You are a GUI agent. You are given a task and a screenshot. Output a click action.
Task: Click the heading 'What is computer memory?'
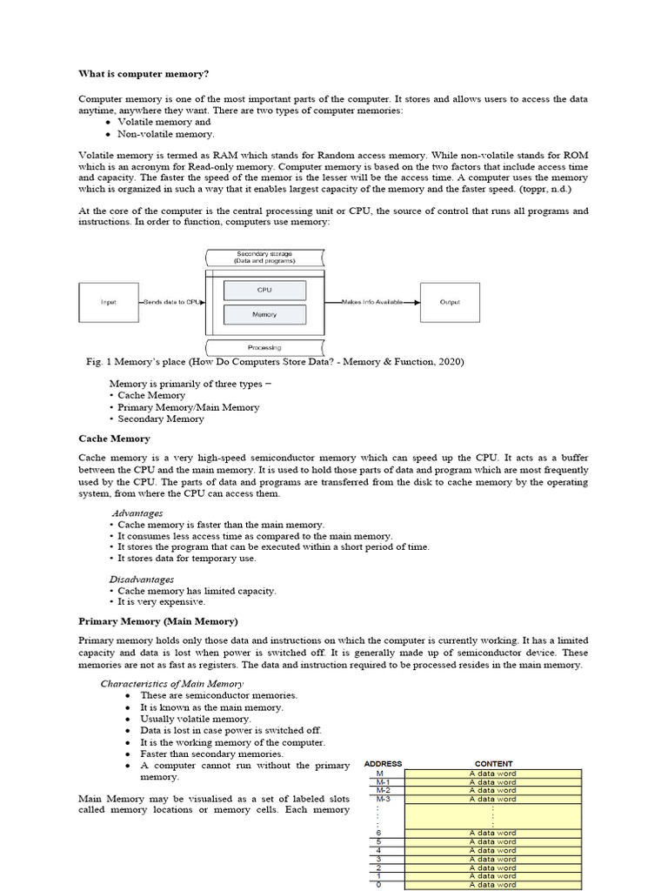pyautogui.click(x=144, y=73)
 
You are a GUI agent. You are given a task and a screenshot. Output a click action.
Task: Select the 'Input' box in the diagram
pyautogui.click(x=108, y=302)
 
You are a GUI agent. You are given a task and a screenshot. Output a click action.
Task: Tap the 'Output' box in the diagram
pyautogui.click(x=450, y=302)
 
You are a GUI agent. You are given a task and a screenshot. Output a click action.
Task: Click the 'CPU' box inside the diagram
pyautogui.click(x=264, y=290)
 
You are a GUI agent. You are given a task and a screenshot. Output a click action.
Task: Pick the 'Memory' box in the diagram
pyautogui.click(x=264, y=314)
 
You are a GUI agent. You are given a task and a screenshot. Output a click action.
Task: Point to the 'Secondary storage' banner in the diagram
pyautogui.click(x=265, y=257)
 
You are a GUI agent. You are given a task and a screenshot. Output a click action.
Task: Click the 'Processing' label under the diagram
pyautogui.click(x=265, y=347)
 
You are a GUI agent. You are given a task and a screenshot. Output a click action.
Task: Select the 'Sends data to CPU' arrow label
pyautogui.click(x=172, y=302)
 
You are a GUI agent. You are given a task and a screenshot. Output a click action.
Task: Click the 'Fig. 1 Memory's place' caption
pyautogui.click(x=271, y=362)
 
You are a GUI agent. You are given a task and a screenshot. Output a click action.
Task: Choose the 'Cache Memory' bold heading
pyautogui.click(x=114, y=439)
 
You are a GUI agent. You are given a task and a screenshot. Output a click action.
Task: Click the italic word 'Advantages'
pyautogui.click(x=137, y=513)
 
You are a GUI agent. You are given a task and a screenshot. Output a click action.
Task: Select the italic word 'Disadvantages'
pyautogui.click(x=141, y=579)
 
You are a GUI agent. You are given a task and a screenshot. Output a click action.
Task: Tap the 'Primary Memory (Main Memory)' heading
pyautogui.click(x=157, y=621)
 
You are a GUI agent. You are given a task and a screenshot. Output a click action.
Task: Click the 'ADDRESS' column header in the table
pyautogui.click(x=383, y=764)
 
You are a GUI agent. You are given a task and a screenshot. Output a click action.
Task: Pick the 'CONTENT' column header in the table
pyautogui.click(x=493, y=764)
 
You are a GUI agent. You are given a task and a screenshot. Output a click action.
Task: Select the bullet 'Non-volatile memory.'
pyautogui.click(x=165, y=134)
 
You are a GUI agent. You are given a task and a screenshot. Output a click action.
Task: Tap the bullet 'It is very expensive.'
pyautogui.click(x=161, y=601)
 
